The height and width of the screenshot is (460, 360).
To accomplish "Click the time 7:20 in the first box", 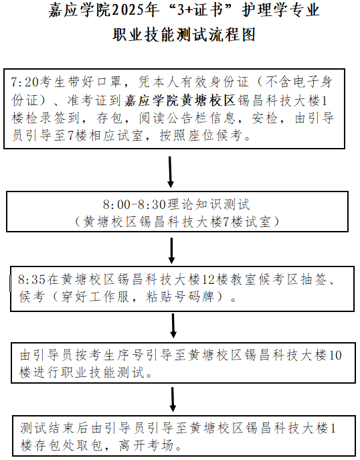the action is tap(25, 82).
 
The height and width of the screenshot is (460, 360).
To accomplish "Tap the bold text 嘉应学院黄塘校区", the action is tap(180, 100).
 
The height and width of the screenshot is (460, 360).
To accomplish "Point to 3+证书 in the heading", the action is tap(200, 11).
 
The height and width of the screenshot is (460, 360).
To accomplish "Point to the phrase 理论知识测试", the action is tap(208, 204).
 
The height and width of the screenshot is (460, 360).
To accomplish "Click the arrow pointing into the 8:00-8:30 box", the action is tap(171, 172).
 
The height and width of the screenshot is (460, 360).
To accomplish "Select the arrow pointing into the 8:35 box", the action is tap(171, 250).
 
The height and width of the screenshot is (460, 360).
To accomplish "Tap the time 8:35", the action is tap(31, 280).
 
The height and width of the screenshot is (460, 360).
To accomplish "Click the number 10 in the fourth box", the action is tap(335, 356).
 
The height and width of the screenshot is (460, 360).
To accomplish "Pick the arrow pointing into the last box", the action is tap(173, 400).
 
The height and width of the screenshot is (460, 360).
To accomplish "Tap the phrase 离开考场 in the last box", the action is tap(146, 446).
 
